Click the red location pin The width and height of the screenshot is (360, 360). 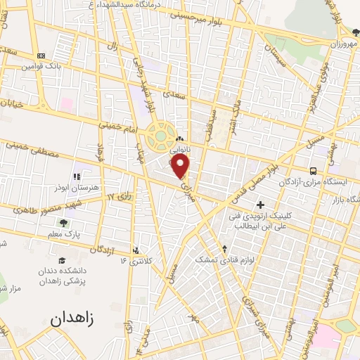coord(181,167)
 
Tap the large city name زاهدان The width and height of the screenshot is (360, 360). coord(72,319)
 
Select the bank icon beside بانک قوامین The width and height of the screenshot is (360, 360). coord(41,56)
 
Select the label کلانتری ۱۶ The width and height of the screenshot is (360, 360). coord(136,261)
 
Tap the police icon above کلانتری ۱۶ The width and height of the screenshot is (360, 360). coord(135,250)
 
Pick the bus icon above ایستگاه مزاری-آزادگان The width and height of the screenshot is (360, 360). coord(313,170)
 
